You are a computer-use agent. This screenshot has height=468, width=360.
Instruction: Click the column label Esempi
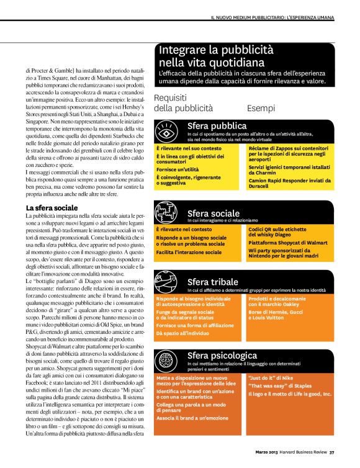pos(261,108)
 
